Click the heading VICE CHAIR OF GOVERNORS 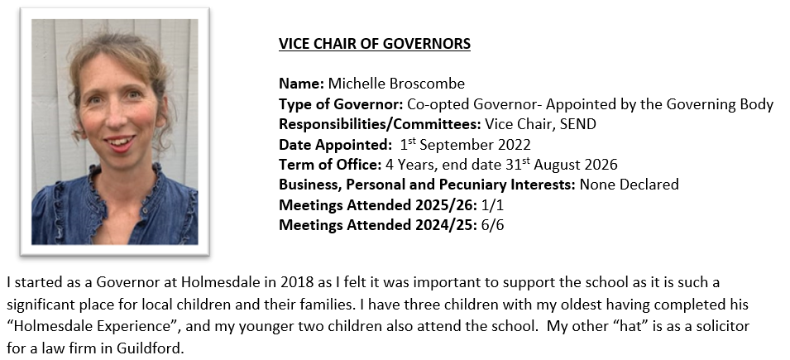(x=374, y=44)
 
